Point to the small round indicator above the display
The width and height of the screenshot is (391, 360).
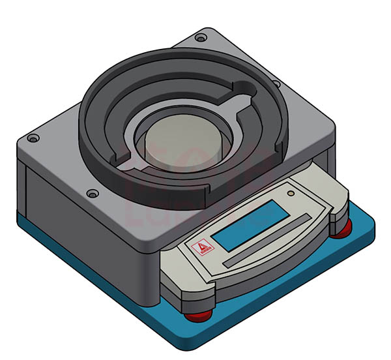pos(291,193)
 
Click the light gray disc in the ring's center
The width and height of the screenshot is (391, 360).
pos(183,143)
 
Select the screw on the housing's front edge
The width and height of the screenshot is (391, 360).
pos(93,194)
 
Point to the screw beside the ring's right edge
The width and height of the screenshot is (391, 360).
pos(276,84)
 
